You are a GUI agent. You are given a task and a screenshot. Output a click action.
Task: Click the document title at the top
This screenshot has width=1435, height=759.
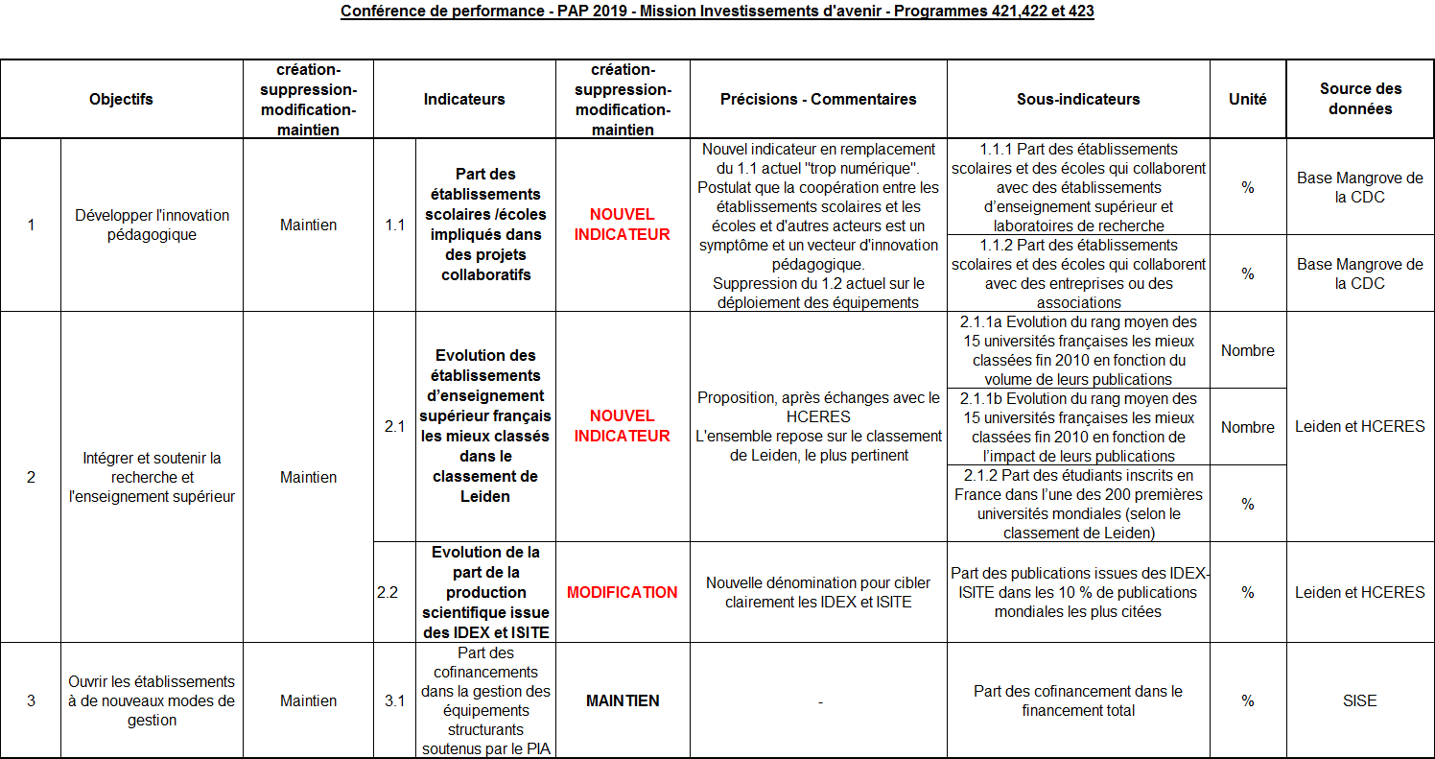point(717,12)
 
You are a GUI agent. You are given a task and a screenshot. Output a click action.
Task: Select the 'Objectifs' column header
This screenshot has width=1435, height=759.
point(121,99)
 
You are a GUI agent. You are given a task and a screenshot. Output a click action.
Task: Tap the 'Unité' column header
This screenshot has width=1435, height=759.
point(1247,99)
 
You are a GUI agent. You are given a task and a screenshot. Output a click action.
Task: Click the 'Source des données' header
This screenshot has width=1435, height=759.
point(1360,99)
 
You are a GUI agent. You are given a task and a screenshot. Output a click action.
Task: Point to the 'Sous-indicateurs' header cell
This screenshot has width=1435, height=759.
point(1078,99)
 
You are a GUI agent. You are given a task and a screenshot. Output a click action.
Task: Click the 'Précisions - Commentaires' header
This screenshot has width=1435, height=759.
point(818,99)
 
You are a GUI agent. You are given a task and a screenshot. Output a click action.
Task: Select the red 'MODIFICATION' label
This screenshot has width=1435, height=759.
point(622,592)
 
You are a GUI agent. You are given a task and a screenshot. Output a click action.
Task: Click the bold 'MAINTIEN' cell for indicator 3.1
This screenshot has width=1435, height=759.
point(622,700)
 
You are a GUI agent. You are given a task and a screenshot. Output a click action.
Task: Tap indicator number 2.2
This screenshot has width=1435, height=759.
point(387,592)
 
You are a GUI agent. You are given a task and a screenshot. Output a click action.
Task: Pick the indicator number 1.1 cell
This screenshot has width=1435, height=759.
point(394,225)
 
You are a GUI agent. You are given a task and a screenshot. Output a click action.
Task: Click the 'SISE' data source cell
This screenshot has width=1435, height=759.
point(1359,700)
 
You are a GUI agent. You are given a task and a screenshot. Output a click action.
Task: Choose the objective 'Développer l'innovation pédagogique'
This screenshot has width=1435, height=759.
point(152,225)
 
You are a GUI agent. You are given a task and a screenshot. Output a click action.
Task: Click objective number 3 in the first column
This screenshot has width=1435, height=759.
point(31,700)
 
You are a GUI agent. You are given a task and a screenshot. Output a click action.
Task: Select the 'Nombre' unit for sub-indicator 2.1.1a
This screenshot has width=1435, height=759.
point(1247,350)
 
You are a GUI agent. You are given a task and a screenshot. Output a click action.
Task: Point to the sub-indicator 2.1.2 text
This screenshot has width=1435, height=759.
point(1078,504)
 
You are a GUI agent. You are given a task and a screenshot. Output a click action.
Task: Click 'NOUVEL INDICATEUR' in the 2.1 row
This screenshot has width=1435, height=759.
point(622,426)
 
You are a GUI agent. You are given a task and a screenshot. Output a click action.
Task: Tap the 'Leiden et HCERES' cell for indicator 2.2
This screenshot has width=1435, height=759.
point(1359,592)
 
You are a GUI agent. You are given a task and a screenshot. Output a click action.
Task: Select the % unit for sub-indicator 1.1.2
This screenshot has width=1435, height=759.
point(1247,273)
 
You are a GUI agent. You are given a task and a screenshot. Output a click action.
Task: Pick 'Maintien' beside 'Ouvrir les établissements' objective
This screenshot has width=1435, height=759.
point(308,700)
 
